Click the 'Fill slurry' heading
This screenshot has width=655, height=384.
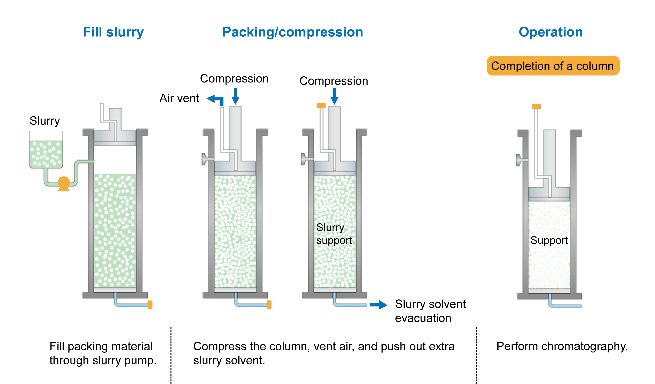(x=113, y=32)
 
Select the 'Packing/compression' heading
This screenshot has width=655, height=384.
(x=293, y=32)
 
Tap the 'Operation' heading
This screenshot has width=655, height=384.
(x=551, y=32)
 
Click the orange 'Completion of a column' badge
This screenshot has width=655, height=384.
(x=553, y=66)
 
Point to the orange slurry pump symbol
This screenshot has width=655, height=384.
(x=64, y=183)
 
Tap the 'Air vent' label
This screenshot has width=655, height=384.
(x=179, y=98)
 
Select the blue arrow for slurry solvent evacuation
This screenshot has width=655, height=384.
(x=379, y=305)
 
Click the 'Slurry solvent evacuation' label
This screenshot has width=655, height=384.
(x=430, y=311)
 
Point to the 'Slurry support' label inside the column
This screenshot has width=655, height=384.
(x=334, y=234)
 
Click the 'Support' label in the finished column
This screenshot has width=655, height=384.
(x=549, y=240)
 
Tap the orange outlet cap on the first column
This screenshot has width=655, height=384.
(x=150, y=305)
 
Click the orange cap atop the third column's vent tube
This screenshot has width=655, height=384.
(x=321, y=105)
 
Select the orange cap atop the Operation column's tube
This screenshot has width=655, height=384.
(x=536, y=106)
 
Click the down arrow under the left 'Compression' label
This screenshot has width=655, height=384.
(x=236, y=96)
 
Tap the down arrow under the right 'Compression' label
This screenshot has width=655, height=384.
(x=334, y=96)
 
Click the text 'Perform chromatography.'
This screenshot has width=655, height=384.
(x=562, y=346)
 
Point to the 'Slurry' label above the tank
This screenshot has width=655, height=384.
(x=45, y=121)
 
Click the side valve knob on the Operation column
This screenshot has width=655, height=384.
(x=518, y=160)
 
